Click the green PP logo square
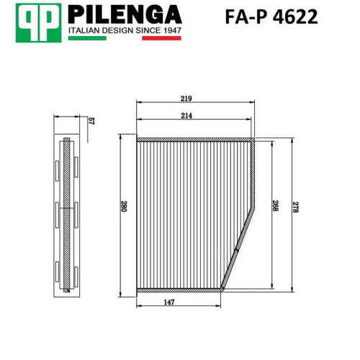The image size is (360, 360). click(x=38, y=23)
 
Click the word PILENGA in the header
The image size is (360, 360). click(x=125, y=15)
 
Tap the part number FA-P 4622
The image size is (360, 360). click(x=271, y=17)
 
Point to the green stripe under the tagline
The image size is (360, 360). click(x=87, y=38)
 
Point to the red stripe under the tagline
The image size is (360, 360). click(x=161, y=38)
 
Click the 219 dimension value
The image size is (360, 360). click(x=186, y=99)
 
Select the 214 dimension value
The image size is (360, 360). click(x=186, y=116)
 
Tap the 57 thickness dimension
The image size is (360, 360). click(x=91, y=121)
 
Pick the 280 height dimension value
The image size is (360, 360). click(x=123, y=206)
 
